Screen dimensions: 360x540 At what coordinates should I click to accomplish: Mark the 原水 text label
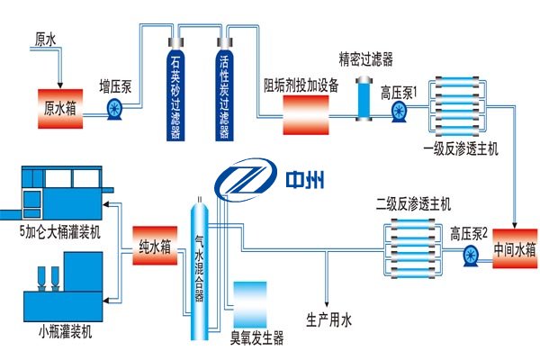click(45, 40)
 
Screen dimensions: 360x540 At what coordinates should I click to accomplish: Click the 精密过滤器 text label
click(365, 59)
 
